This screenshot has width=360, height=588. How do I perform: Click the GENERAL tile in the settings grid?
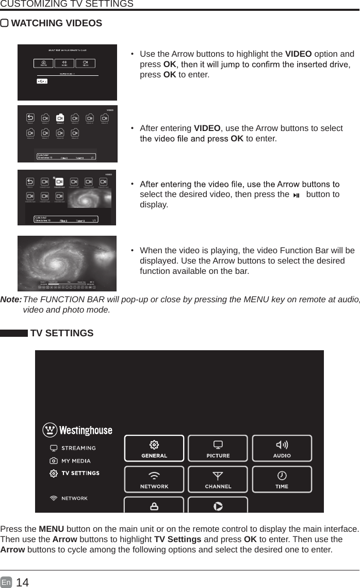click(154, 448)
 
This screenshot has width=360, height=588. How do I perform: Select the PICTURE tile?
click(218, 448)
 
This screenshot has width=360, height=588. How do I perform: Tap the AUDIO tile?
click(282, 448)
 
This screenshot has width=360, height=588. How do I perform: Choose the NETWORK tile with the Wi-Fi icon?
click(154, 479)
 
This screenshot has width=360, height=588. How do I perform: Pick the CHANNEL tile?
click(218, 479)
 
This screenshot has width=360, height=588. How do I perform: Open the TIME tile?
click(282, 479)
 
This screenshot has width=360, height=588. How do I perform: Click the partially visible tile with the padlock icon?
click(154, 505)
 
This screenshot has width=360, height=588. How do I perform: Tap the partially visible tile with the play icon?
click(218, 505)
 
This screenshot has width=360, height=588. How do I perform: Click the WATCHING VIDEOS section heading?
click(56, 24)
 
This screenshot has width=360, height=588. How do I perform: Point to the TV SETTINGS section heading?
click(62, 333)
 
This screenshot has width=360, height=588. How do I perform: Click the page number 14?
click(23, 583)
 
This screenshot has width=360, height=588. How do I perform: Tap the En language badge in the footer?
click(6, 583)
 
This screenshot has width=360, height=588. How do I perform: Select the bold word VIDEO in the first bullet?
click(298, 54)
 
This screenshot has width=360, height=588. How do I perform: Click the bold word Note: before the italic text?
click(11, 300)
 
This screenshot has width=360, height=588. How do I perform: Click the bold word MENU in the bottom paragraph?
click(52, 529)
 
